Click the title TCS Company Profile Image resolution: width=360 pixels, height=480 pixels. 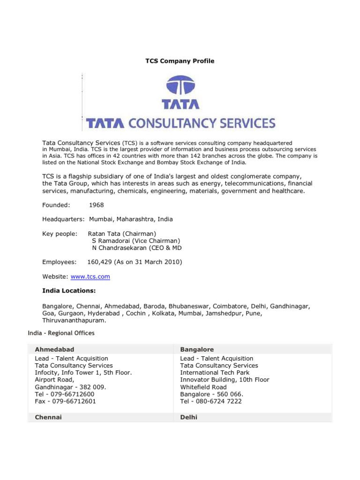click(x=180, y=61)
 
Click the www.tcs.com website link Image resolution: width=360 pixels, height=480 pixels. click(x=90, y=277)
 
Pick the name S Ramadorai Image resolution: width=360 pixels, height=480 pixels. click(x=114, y=240)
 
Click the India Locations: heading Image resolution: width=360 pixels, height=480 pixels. click(x=69, y=291)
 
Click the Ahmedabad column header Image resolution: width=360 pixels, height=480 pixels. click(x=54, y=350)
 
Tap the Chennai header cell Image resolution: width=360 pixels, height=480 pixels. click(x=48, y=417)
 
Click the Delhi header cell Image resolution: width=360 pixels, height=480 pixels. click(x=189, y=417)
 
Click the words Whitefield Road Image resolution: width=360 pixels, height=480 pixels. click(x=203, y=387)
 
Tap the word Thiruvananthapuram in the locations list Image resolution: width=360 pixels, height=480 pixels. click(x=74, y=321)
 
